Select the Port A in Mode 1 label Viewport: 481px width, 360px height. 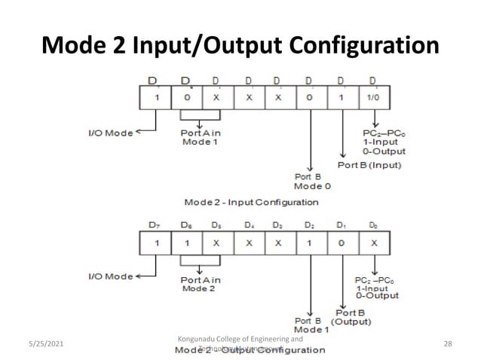(x=201, y=137)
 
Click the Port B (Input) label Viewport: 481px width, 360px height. (x=369, y=164)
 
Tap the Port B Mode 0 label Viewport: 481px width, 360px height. (x=310, y=181)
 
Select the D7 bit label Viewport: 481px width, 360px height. (x=155, y=225)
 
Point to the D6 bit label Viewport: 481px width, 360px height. (x=185, y=225)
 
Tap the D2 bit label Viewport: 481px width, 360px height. (x=310, y=225)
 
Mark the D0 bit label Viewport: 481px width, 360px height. (x=372, y=225)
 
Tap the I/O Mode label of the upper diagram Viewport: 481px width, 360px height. (x=110, y=133)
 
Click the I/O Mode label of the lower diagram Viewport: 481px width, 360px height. (x=110, y=276)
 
